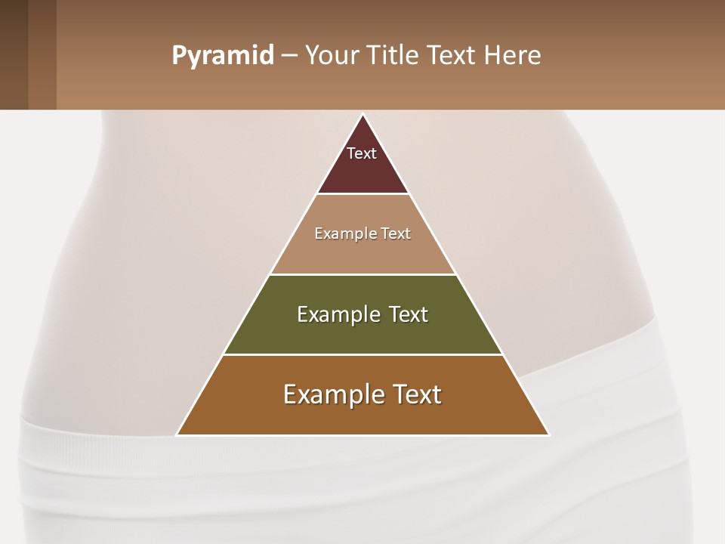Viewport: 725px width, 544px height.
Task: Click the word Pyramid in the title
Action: pyautogui.click(x=223, y=56)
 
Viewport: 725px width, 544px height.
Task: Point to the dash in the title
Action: pyautogui.click(x=289, y=56)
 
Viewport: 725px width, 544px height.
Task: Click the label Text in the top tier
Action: pyautogui.click(x=362, y=153)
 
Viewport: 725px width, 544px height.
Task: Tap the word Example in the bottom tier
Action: pyautogui.click(x=333, y=394)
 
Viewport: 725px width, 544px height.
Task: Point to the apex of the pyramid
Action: pyautogui.click(x=362, y=115)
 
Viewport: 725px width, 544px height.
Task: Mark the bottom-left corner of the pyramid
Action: pyautogui.click(x=177, y=434)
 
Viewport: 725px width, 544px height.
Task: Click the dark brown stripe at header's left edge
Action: pyautogui.click(x=14, y=54)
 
